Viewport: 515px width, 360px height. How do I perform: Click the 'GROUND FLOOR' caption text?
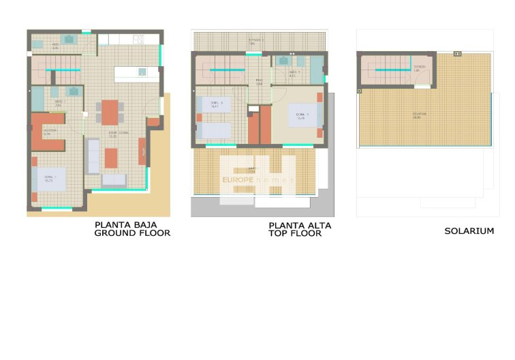coord(132,233)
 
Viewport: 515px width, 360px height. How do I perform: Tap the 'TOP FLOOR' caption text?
coord(294,233)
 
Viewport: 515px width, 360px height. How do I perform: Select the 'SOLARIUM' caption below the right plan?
coord(469,231)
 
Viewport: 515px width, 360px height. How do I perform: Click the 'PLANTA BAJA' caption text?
coord(126,224)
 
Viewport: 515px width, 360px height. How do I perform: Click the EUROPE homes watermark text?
coord(257,180)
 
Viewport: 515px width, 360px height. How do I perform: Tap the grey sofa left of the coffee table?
coord(93,155)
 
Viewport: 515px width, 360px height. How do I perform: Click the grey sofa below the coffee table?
coord(114,180)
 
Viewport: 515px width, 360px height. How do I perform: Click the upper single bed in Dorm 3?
coord(215,105)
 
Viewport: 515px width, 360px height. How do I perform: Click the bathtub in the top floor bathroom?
coord(317,70)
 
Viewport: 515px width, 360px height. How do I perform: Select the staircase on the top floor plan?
coord(221,70)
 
